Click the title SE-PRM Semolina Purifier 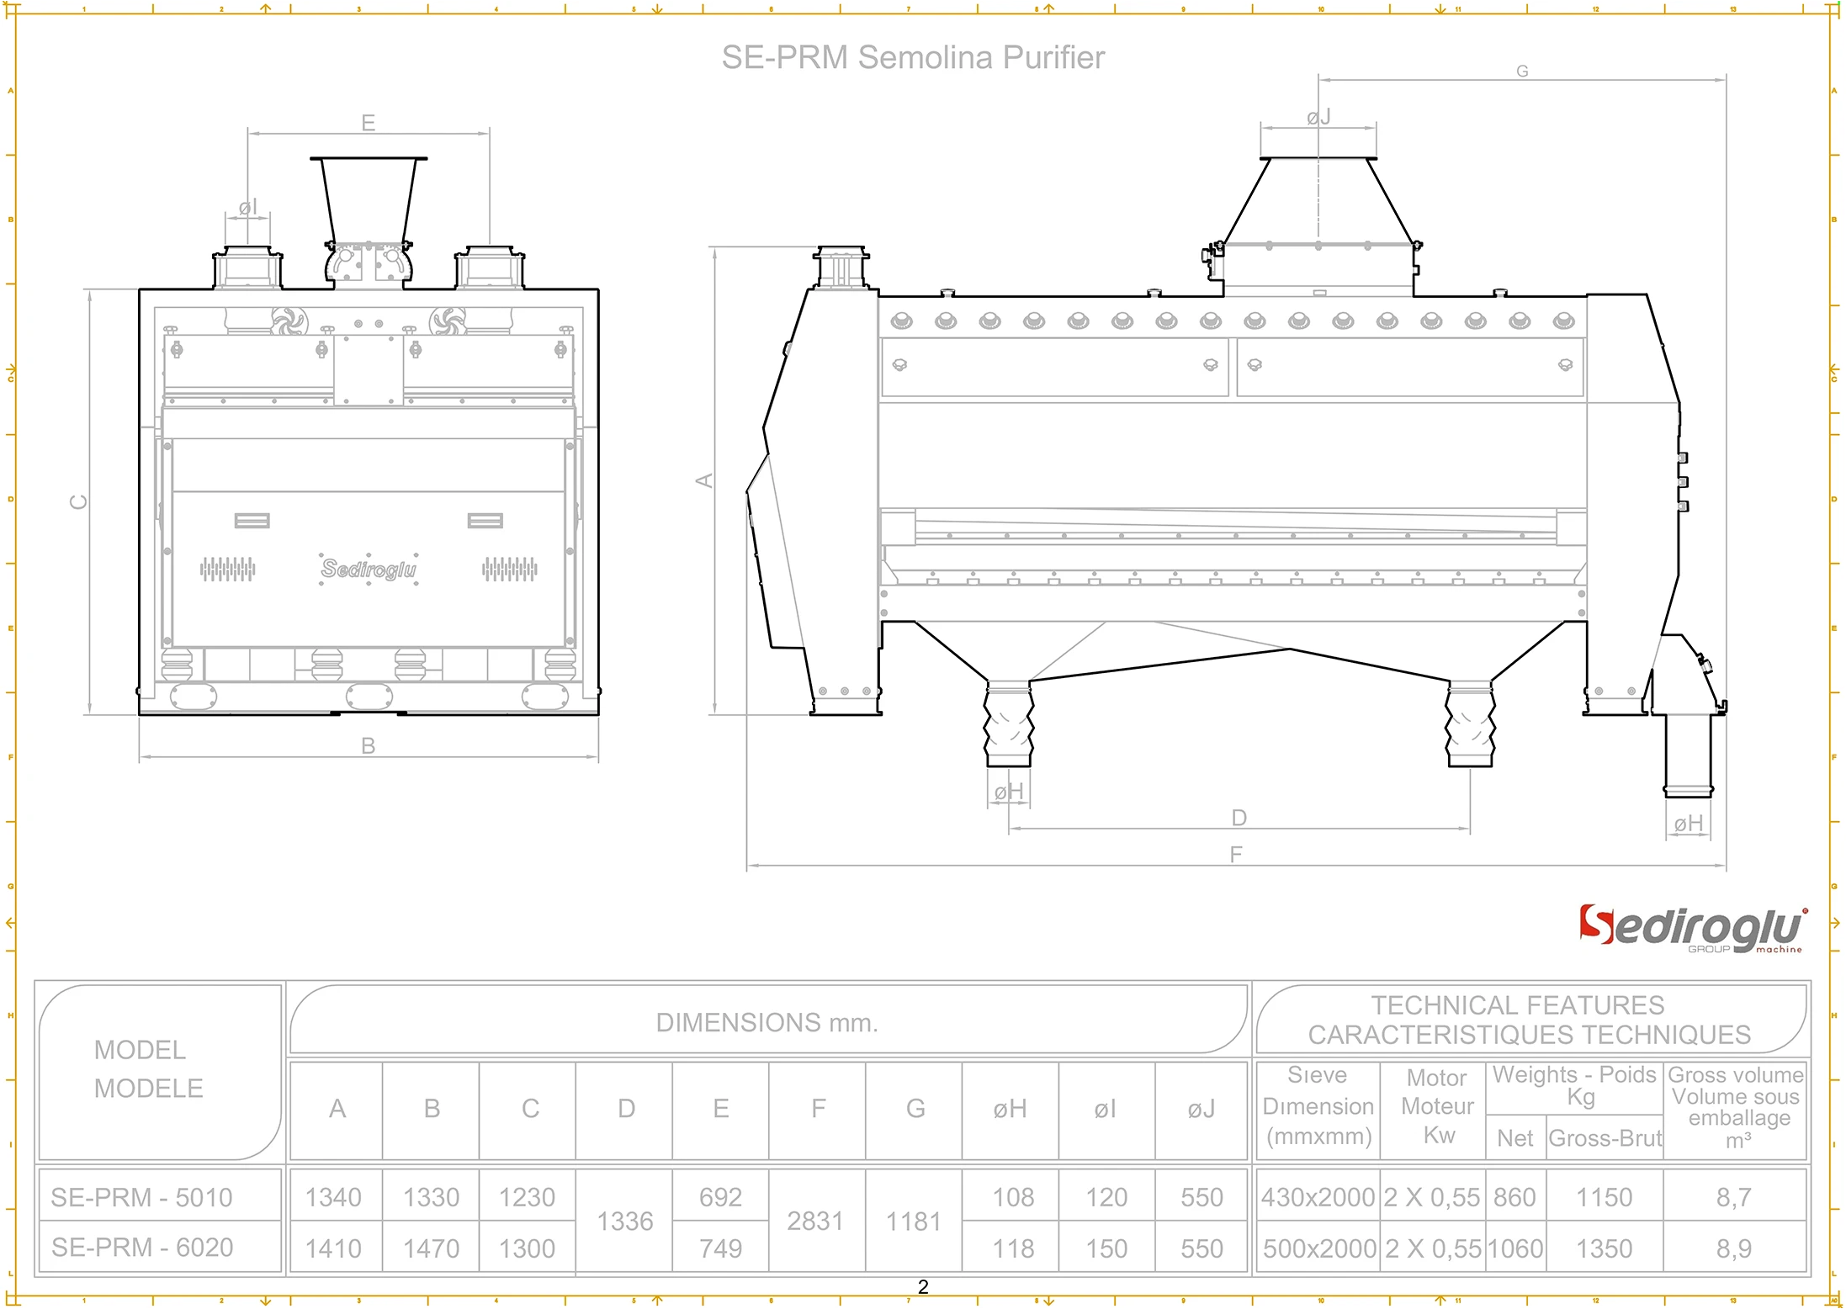(x=912, y=58)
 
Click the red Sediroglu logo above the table (x=1691, y=929)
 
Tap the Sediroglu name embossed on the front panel (x=369, y=570)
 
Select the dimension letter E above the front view (x=368, y=123)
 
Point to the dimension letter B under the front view (x=368, y=745)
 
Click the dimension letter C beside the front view (x=78, y=501)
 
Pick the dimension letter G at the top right (x=1521, y=72)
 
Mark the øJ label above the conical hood (x=1318, y=117)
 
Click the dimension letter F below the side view (x=1235, y=855)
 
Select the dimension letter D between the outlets (x=1239, y=818)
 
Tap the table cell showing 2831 (x=814, y=1222)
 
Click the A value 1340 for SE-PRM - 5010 (x=333, y=1197)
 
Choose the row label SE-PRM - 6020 (x=142, y=1248)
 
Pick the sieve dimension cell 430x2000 (x=1317, y=1197)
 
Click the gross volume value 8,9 (x=1733, y=1248)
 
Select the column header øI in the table (x=1105, y=1110)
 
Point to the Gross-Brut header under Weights (x=1605, y=1138)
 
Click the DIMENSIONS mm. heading (x=767, y=1023)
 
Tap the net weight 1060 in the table (x=1514, y=1248)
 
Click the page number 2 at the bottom (x=923, y=1287)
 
